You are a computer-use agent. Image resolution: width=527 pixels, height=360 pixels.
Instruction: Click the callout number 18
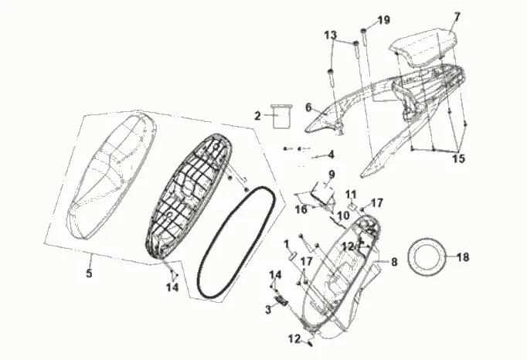(x=462, y=257)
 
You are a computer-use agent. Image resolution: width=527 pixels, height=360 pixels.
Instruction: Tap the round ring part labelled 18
(x=424, y=255)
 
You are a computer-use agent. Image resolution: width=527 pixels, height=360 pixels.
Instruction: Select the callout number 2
(x=257, y=116)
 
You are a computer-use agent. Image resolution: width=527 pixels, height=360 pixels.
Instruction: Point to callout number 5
(x=89, y=273)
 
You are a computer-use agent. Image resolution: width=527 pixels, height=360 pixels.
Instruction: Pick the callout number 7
(x=478, y=16)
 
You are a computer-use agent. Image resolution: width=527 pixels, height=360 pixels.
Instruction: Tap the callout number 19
(x=384, y=19)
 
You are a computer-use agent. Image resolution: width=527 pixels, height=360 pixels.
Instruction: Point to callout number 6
(x=308, y=107)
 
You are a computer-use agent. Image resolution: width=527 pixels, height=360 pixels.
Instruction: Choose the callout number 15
(x=458, y=158)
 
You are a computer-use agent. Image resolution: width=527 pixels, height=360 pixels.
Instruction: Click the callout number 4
(x=331, y=154)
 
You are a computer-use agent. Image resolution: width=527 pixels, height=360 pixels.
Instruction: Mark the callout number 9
(x=331, y=174)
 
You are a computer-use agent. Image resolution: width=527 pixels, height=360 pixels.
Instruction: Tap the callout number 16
(x=301, y=209)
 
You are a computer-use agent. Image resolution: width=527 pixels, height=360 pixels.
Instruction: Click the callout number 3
(x=268, y=309)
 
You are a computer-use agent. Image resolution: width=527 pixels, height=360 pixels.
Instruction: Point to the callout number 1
(x=287, y=244)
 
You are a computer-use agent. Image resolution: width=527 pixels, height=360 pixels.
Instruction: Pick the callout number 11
(x=350, y=194)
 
